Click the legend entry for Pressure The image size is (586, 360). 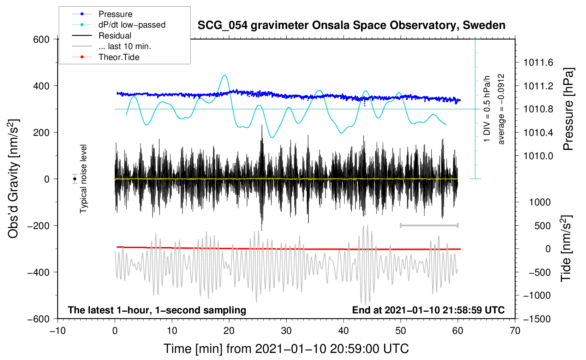pyautogui.click(x=115, y=14)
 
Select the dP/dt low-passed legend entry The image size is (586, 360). pyautogui.click(x=132, y=25)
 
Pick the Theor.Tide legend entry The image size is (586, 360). pyautogui.click(x=119, y=57)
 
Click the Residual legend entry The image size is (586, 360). pyautogui.click(x=115, y=36)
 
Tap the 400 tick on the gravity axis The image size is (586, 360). pyautogui.click(x=42, y=86)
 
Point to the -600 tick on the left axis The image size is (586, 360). pyautogui.click(x=39, y=319)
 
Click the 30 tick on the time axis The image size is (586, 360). pyautogui.click(x=286, y=331)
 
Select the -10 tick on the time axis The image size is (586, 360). pyautogui.click(x=58, y=331)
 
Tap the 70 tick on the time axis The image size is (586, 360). pyautogui.click(x=515, y=331)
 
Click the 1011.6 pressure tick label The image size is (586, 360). pyautogui.click(x=538, y=63)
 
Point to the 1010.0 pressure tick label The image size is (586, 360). pyautogui.click(x=538, y=156)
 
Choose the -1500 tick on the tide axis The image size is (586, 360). pyautogui.click(x=537, y=319)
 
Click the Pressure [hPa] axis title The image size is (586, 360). pyautogui.click(x=568, y=109)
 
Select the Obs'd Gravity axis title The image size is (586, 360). pyautogui.click(x=13, y=179)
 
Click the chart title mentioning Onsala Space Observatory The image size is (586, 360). pyautogui.click(x=351, y=25)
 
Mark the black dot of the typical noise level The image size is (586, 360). pyautogui.click(x=74, y=179)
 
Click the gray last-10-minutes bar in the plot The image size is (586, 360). pyautogui.click(x=429, y=225)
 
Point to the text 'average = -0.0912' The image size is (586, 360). pyautogui.click(x=501, y=109)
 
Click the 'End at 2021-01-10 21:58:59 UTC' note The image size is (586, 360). pyautogui.click(x=428, y=310)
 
